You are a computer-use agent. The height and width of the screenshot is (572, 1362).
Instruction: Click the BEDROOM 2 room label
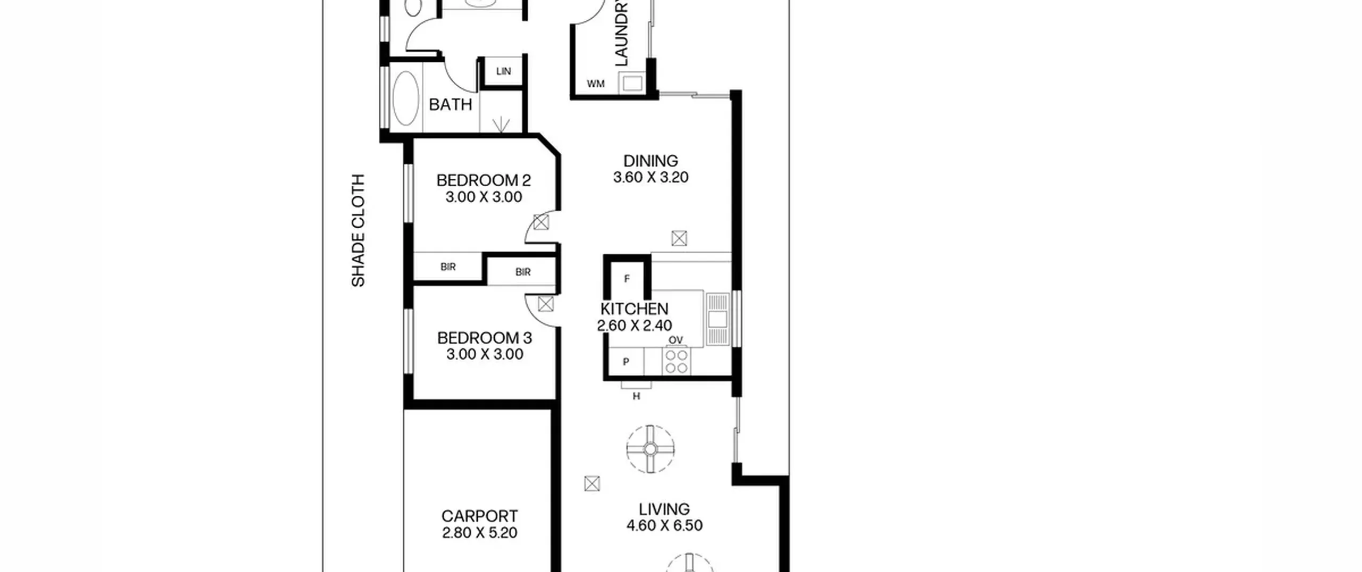(x=483, y=180)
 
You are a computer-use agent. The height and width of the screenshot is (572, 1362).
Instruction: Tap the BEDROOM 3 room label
(x=484, y=338)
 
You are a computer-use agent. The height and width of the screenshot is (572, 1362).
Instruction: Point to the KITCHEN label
(x=634, y=309)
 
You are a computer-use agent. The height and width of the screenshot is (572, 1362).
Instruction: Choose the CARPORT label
(x=479, y=516)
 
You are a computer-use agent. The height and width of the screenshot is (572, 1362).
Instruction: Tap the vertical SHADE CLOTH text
(x=359, y=230)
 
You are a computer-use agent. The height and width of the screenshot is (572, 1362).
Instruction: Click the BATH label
(x=450, y=105)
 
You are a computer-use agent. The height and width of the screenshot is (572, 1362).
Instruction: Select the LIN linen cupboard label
(x=503, y=71)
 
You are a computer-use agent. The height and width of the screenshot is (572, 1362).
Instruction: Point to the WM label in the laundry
(x=595, y=84)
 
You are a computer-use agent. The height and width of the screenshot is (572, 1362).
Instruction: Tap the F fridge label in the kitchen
(x=627, y=279)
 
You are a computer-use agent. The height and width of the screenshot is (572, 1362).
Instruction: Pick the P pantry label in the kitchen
(x=626, y=362)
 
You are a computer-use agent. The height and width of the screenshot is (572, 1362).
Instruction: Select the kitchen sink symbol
(x=718, y=318)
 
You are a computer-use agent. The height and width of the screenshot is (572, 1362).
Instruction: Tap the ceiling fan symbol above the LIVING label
(x=650, y=449)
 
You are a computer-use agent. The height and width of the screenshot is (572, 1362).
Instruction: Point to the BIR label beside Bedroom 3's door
(x=523, y=272)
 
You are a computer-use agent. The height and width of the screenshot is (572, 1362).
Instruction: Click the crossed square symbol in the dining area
(x=679, y=238)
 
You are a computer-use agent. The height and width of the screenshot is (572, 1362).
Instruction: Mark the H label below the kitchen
(x=636, y=396)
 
